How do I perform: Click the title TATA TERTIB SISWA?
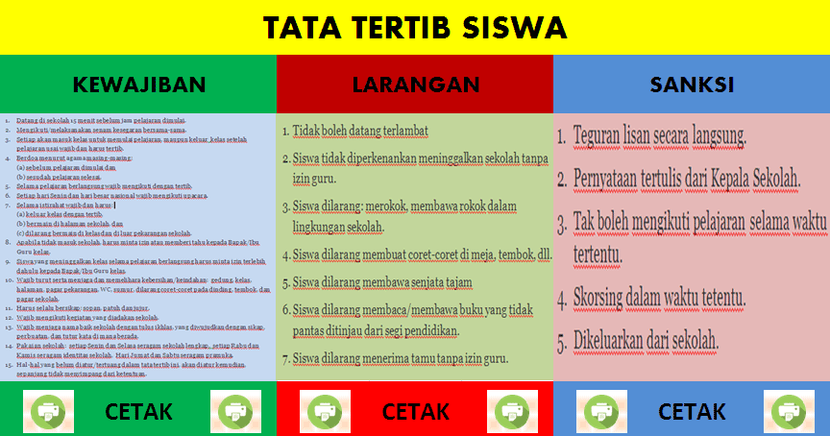415,28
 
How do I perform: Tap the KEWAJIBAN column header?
139,85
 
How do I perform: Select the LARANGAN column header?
415,85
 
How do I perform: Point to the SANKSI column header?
692,85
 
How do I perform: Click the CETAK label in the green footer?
138,411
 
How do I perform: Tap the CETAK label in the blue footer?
692,411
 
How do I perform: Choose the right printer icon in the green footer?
232,411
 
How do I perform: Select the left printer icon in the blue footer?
599,411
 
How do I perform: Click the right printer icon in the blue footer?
786,411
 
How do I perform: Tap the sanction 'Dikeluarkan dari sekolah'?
646,339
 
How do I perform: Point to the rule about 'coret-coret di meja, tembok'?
415,254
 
